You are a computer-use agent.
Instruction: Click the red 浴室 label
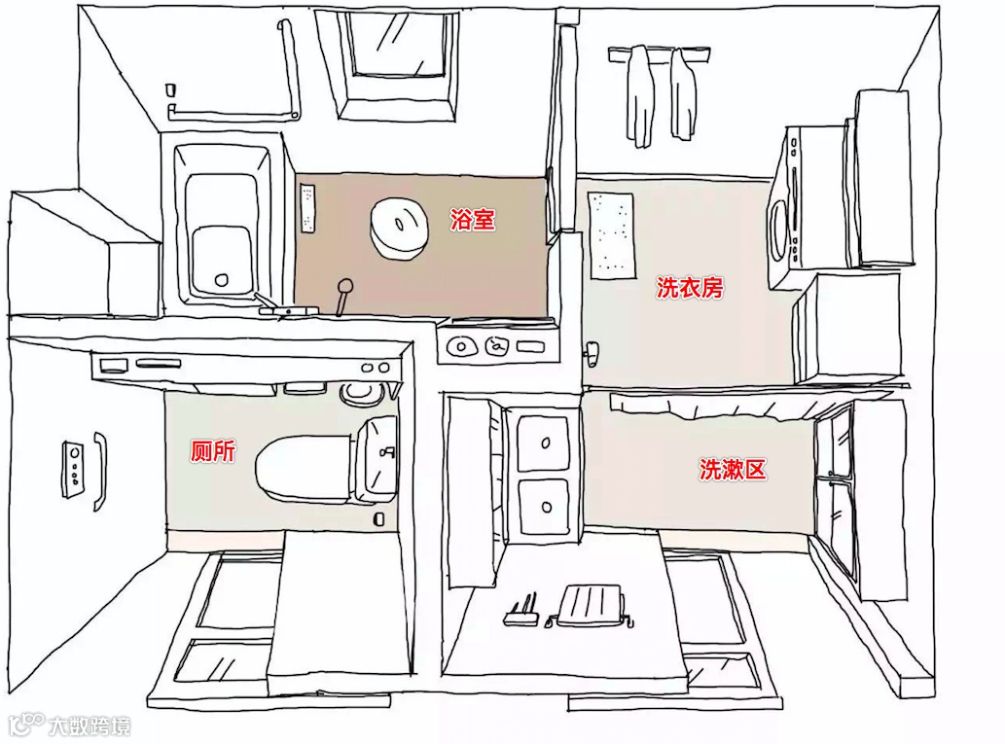click(x=473, y=220)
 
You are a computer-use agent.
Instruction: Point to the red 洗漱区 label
click(x=733, y=471)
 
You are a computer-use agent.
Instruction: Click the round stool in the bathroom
click(x=399, y=227)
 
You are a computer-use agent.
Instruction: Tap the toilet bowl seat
click(x=303, y=468)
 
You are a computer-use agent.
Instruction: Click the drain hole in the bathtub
click(x=221, y=280)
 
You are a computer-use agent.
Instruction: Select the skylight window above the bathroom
click(x=400, y=60)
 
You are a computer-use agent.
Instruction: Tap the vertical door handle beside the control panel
click(x=99, y=471)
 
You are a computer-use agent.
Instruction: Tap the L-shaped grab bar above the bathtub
click(x=288, y=73)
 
